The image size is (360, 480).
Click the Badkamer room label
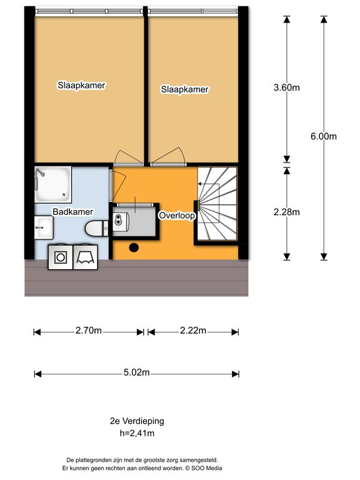pyautogui.click(x=73, y=211)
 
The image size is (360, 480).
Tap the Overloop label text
pyautogui.click(x=177, y=216)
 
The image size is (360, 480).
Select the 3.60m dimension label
pyautogui.click(x=286, y=87)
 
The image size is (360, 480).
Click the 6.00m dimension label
pyautogui.click(x=324, y=136)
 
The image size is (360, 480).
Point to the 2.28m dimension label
pyautogui.click(x=286, y=212)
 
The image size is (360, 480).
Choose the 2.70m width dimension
pyautogui.click(x=89, y=331)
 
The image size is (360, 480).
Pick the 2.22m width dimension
pyautogui.click(x=193, y=331)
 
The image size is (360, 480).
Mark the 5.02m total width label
pyautogui.click(x=136, y=372)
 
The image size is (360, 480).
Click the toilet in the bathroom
pyautogui.click(x=96, y=228)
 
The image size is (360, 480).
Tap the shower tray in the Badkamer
pyautogui.click(x=53, y=184)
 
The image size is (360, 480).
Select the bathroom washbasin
pyautogui.click(x=44, y=227)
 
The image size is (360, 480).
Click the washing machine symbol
pyautogui.click(x=61, y=257)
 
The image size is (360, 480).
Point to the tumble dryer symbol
pyautogui.click(x=86, y=257)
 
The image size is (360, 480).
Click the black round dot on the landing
pyautogui.click(x=134, y=247)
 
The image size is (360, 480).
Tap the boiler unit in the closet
pyautogui.click(x=121, y=222)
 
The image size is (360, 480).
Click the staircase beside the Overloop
pyautogui.click(x=217, y=204)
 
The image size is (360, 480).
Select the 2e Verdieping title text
pyautogui.click(x=137, y=421)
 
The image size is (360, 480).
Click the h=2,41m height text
pyautogui.click(x=137, y=433)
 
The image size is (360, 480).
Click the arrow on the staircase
pyautogui.click(x=209, y=184)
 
